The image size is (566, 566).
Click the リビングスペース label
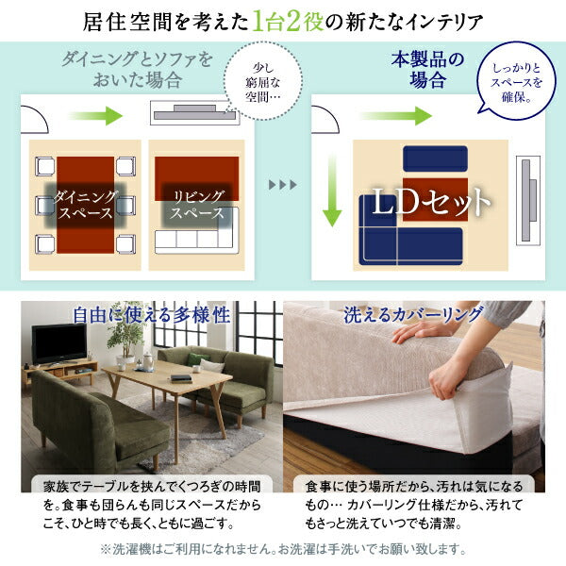tap(196, 204)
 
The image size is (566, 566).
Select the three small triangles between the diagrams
tap(281, 183)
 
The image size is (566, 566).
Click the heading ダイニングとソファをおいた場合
tap(135, 71)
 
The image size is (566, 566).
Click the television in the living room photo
tap(58, 343)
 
